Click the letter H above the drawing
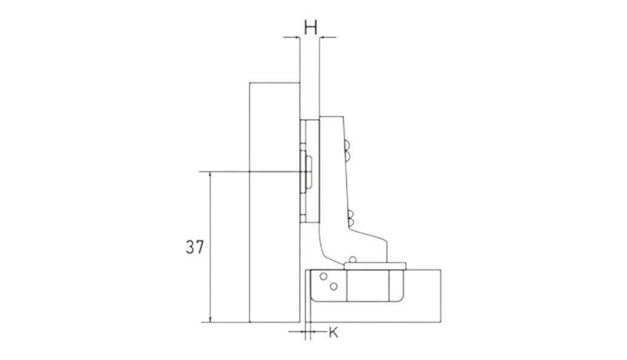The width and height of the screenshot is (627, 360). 310,28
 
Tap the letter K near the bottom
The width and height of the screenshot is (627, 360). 333,332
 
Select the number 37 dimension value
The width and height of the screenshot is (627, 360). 194,247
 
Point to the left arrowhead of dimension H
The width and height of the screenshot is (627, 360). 296,37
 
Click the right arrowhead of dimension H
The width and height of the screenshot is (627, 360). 322,37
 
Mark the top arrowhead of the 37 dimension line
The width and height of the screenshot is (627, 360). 210,175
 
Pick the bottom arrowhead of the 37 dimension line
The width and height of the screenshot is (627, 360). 210,319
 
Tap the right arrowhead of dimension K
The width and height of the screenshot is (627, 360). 313,332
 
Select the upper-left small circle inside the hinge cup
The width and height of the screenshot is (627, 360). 323,276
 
